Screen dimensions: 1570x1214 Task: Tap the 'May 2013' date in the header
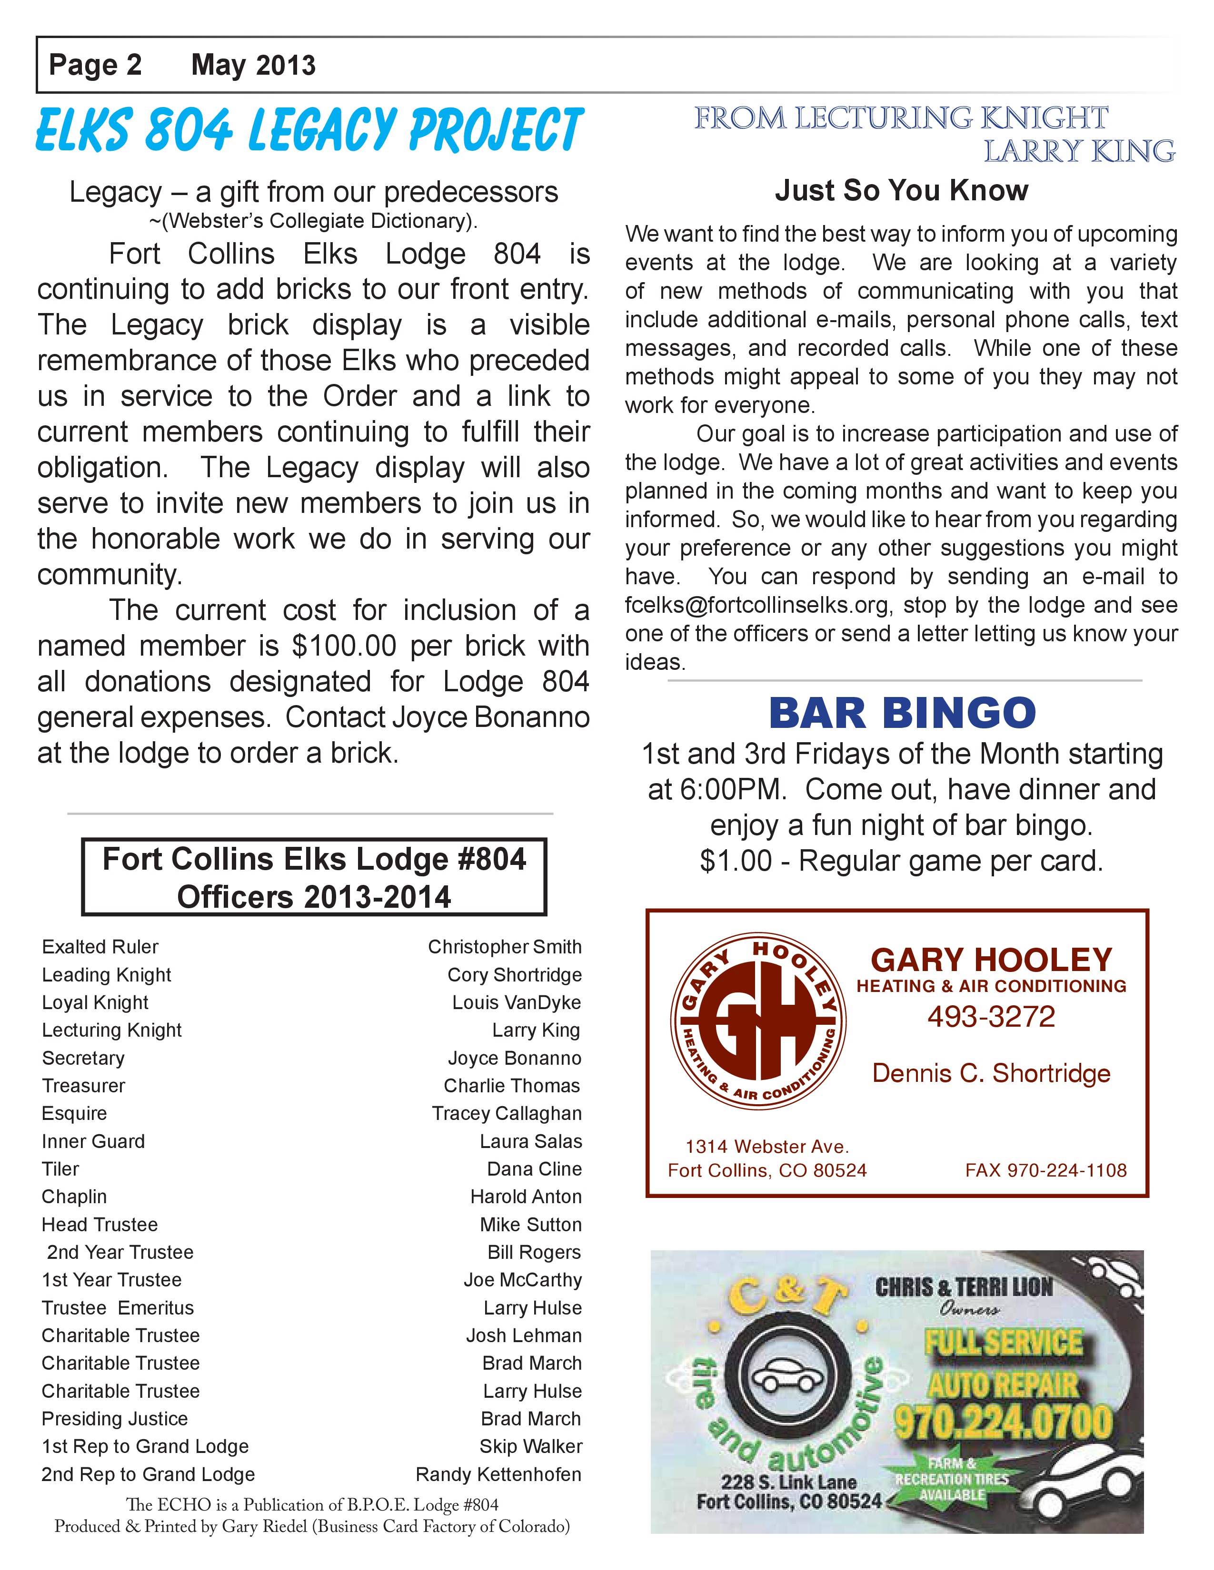point(253,66)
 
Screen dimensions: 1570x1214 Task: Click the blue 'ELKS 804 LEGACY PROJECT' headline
point(309,131)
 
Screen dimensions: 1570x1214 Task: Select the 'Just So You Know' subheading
point(901,190)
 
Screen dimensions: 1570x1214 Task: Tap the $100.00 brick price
point(344,646)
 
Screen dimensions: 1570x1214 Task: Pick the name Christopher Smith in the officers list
point(504,947)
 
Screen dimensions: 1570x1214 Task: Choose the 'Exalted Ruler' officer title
point(100,947)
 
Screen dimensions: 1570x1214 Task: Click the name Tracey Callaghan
point(507,1114)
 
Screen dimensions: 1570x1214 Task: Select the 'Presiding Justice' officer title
point(114,1419)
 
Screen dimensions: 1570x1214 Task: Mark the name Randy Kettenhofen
point(498,1474)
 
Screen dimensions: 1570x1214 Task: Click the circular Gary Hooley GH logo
point(758,1021)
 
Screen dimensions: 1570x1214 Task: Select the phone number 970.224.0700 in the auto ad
point(1003,1422)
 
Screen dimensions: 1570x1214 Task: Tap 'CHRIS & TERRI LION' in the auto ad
point(964,1287)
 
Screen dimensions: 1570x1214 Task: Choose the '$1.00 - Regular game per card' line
point(901,861)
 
